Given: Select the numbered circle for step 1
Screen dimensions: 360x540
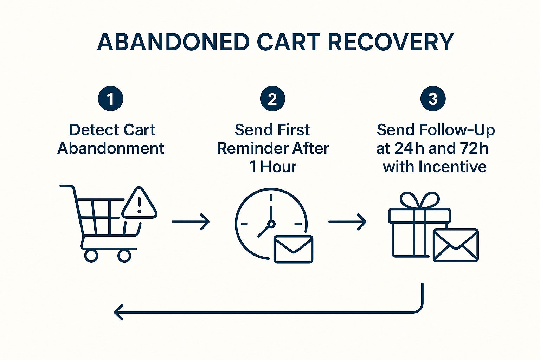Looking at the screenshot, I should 111,99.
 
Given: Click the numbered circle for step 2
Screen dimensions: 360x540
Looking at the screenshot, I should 272,99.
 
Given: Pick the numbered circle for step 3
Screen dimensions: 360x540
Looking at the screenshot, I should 433,99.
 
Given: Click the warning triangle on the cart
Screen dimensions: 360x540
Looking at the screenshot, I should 139,204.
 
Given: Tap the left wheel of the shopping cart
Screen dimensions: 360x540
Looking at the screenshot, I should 91,256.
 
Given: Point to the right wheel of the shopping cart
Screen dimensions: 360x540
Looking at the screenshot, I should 124,256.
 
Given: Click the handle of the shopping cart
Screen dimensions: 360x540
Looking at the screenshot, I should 67,186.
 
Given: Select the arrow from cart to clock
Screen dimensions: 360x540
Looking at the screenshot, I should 191,222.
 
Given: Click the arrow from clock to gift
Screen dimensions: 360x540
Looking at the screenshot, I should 347,222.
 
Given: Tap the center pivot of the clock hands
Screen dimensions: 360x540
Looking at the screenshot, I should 271,224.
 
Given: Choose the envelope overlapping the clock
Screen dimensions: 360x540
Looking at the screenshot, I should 293,249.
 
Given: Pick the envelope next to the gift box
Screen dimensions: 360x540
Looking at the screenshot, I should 456,245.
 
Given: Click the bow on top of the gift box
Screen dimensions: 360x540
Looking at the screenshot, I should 420,200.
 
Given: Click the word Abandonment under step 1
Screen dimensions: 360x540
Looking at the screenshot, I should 111,148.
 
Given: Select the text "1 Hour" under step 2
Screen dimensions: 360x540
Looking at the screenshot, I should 273,167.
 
